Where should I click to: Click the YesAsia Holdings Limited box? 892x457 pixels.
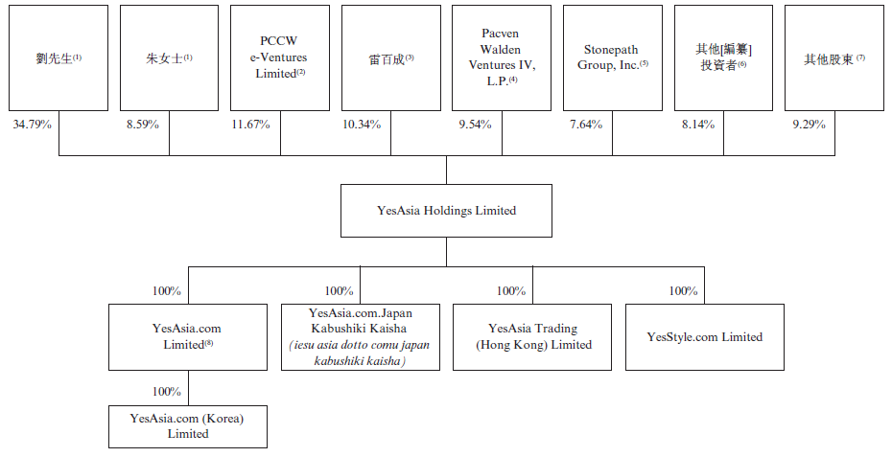[x=446, y=211]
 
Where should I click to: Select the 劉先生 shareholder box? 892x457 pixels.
[x=59, y=58]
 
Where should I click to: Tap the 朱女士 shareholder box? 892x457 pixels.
[x=170, y=58]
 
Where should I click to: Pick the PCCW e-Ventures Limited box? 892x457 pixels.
[x=281, y=58]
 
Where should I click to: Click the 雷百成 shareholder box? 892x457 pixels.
[x=391, y=58]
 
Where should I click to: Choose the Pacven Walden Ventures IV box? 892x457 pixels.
[x=502, y=58]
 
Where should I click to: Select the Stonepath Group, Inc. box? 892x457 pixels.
[x=612, y=58]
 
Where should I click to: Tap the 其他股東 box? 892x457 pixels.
[x=833, y=58]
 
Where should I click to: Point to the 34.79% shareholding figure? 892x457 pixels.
[x=31, y=125]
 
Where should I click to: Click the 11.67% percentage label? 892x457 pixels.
[x=250, y=125]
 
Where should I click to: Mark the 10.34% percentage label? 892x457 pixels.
[x=362, y=125]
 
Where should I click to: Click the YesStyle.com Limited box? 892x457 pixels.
[x=704, y=337]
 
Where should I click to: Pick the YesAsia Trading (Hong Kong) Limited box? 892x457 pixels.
[x=533, y=337]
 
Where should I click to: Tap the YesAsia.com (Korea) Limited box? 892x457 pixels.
[x=188, y=426]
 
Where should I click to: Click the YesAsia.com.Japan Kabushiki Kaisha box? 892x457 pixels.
[x=360, y=337]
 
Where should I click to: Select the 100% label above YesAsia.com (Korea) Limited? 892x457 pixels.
[x=167, y=392]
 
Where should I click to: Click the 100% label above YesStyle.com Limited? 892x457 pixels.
[x=683, y=291]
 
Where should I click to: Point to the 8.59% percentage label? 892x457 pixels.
[x=142, y=125]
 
